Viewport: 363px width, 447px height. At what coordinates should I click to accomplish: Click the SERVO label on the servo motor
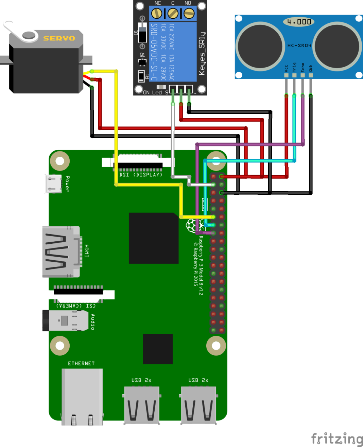coord(59,38)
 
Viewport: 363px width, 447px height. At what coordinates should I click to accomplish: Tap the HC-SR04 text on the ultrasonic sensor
coord(299,45)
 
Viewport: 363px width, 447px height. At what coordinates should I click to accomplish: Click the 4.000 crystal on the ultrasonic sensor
coord(299,22)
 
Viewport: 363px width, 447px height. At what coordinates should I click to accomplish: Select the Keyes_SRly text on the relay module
coord(202,54)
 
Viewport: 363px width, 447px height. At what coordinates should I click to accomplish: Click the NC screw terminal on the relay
coord(156,14)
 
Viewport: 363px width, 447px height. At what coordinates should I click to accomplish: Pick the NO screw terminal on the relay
coord(189,14)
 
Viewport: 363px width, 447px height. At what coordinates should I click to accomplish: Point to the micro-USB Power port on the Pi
coord(53,184)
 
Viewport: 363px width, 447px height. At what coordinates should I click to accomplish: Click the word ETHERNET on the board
coord(81,364)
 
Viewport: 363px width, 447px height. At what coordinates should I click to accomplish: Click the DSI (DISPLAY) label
coord(141,175)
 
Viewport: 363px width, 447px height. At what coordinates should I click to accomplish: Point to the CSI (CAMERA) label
coord(76,305)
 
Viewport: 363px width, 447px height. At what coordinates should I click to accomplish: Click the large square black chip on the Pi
coord(154,238)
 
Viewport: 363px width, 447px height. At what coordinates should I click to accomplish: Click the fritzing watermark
coord(337,439)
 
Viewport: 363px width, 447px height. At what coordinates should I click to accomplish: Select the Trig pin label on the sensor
coord(294,67)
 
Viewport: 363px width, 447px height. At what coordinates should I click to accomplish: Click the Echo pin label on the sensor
coord(302,67)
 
